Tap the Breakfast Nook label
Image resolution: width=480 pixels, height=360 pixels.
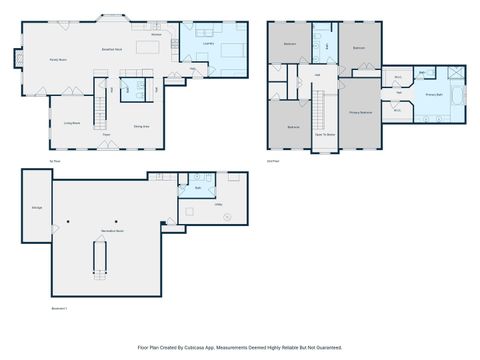(112, 48)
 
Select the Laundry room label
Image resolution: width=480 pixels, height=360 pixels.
(208, 43)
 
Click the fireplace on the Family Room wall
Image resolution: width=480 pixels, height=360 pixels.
(16, 59)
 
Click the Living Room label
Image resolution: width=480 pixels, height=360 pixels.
(72, 123)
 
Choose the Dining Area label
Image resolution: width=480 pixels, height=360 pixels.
(141, 127)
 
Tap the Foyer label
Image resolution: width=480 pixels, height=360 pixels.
(105, 134)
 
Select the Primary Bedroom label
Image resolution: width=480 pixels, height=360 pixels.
(361, 113)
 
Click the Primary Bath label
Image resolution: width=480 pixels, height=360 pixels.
(435, 95)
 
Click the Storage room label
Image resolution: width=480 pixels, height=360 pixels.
(37, 207)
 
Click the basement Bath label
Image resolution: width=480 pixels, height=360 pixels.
(198, 187)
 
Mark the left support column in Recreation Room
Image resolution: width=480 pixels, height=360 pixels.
(68, 221)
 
